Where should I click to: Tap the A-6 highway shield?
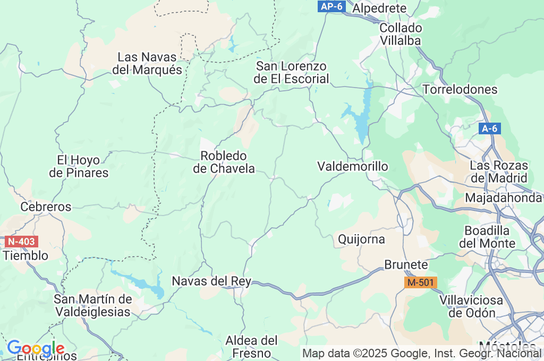(489, 128)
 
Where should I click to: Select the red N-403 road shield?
(22, 242)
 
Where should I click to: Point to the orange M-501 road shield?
(420, 282)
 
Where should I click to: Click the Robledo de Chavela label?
(224, 162)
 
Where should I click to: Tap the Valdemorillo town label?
(352, 166)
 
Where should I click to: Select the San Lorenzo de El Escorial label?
(292, 73)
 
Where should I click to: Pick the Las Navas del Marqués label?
(147, 63)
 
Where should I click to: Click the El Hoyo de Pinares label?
(79, 166)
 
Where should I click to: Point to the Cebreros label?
(46, 207)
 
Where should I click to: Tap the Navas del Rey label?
(211, 281)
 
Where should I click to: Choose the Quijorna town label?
(361, 239)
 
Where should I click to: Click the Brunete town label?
(406, 264)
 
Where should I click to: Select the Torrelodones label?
(460, 89)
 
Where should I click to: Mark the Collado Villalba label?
(401, 34)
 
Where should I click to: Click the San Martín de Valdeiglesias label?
(92, 305)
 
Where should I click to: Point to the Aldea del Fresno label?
(252, 346)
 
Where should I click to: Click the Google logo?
(35, 348)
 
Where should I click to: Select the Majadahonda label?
(503, 197)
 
